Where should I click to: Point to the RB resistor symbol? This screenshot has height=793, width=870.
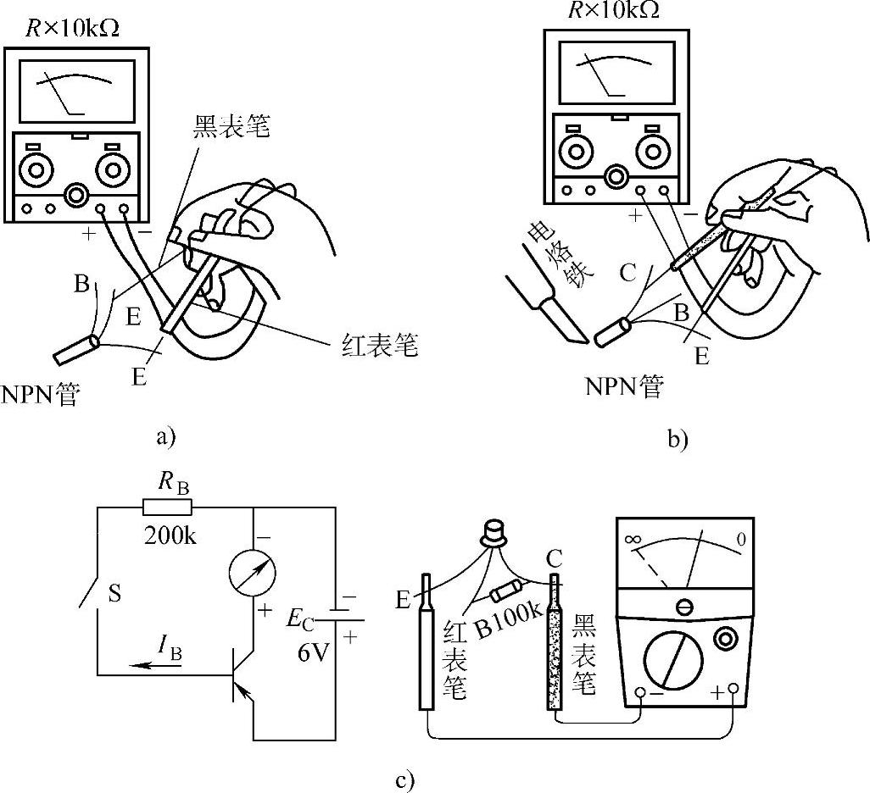[x=167, y=508]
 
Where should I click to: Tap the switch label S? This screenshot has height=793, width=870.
[x=114, y=594]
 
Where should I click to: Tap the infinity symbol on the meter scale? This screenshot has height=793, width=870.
[x=631, y=539]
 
